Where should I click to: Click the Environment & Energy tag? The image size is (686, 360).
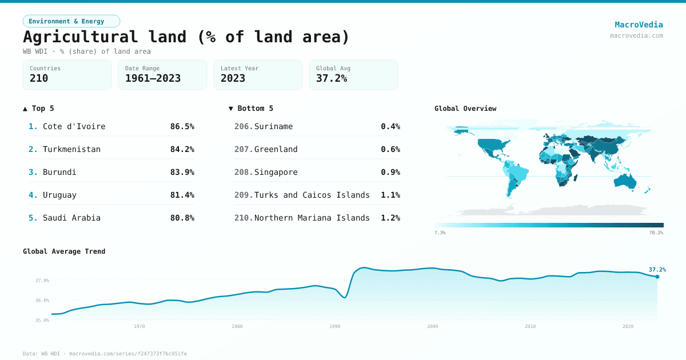(x=71, y=21)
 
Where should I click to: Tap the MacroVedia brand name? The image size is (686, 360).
(x=639, y=25)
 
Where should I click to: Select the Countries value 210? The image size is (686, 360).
(x=39, y=79)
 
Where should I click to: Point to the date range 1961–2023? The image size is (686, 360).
(x=153, y=79)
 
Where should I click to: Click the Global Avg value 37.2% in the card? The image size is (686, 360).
(x=332, y=79)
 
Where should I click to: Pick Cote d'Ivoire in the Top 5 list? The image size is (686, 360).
(x=74, y=126)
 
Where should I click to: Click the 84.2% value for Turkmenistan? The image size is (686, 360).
(x=182, y=149)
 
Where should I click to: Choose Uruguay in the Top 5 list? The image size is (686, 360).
(x=59, y=195)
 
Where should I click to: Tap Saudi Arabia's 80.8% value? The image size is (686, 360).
(x=182, y=218)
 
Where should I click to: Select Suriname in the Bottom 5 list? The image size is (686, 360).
(x=273, y=126)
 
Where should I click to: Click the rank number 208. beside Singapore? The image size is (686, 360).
(x=243, y=172)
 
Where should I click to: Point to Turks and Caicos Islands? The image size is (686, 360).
(x=312, y=195)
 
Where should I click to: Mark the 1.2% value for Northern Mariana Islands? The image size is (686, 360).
(x=390, y=218)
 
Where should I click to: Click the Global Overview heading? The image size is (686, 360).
(x=465, y=109)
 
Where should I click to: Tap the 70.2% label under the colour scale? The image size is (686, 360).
(x=656, y=233)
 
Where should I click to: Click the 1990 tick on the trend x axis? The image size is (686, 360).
(x=335, y=326)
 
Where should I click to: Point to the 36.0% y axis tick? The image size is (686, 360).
(x=42, y=300)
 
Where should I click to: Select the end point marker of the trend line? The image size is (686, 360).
(x=657, y=277)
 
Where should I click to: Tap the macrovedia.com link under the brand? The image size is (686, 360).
(x=636, y=35)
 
